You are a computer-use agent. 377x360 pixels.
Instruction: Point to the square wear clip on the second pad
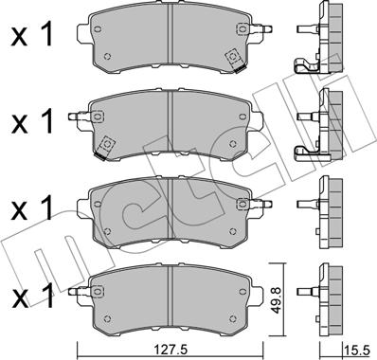[106, 144]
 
